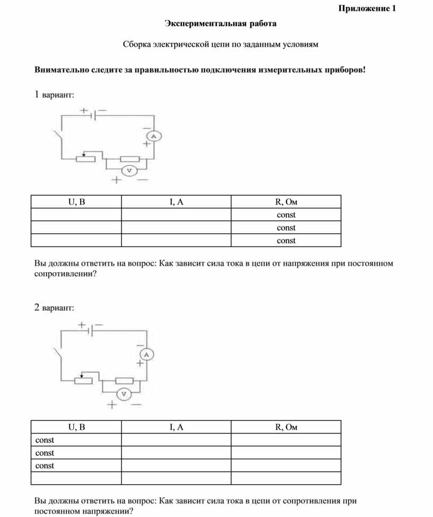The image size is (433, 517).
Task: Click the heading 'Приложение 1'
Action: click(x=368, y=9)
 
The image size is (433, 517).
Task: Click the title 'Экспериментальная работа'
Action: click(x=220, y=24)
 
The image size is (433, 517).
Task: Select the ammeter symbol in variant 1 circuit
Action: click(x=153, y=137)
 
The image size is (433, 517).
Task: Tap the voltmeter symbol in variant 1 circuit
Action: click(x=128, y=171)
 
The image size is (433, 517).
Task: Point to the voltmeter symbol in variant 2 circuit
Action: click(x=123, y=394)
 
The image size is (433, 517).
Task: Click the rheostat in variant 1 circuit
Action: click(x=85, y=158)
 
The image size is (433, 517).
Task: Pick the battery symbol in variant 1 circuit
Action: click(x=93, y=114)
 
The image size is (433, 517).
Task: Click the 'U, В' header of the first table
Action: click(x=76, y=202)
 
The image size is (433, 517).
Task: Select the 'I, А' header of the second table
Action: click(x=176, y=427)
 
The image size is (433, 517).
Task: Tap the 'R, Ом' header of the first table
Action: click(x=286, y=202)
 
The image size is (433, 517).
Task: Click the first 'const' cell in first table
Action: click(x=286, y=215)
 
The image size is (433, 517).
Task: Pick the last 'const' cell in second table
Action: click(x=45, y=466)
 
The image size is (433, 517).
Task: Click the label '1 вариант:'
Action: click(x=54, y=95)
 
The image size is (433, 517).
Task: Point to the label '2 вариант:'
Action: click(x=54, y=308)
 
